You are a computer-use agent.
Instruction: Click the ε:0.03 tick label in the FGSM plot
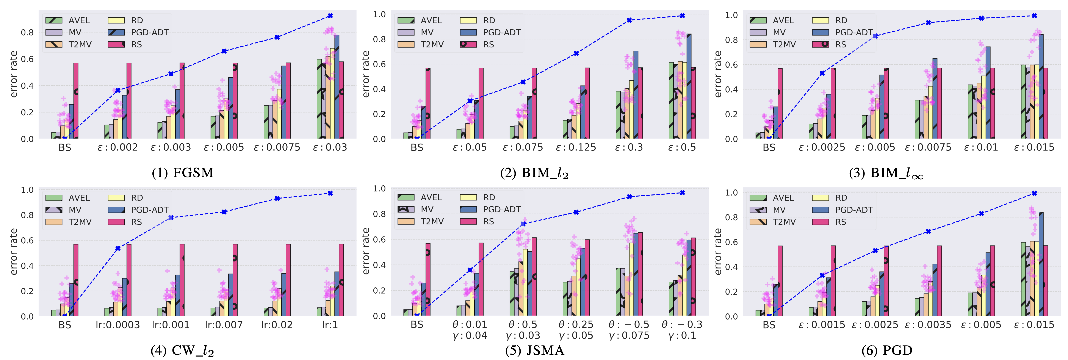pyautogui.click(x=330, y=147)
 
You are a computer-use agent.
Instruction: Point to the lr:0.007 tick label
pyautogui.click(x=224, y=325)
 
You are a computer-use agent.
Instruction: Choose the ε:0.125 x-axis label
pyautogui.click(x=576, y=147)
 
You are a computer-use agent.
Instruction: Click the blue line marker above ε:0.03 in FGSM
pyautogui.click(x=330, y=16)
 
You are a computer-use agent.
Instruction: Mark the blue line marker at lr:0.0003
pyautogui.click(x=118, y=248)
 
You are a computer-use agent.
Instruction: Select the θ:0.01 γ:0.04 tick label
pyautogui.click(x=470, y=330)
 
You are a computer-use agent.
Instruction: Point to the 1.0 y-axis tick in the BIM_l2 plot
pyautogui.click(x=379, y=14)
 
